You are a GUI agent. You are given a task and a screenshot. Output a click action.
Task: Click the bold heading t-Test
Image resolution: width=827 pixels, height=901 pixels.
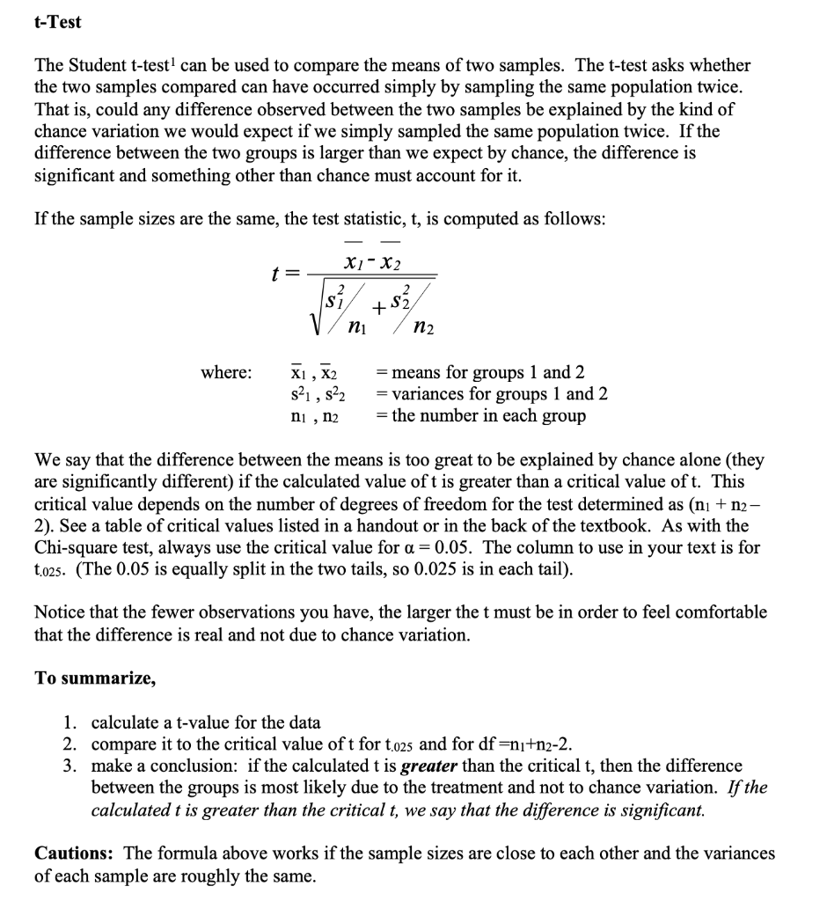click(57, 22)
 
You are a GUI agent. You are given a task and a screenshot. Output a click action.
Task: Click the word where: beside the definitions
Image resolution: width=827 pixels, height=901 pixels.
click(226, 372)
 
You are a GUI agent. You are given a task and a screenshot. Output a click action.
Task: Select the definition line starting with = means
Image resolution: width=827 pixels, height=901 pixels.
click(481, 372)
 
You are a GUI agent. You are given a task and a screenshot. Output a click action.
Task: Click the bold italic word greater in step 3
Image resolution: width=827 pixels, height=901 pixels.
click(429, 765)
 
